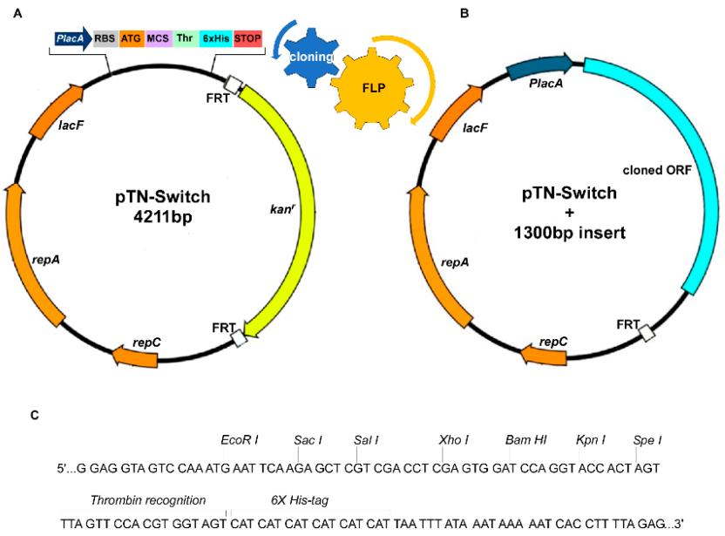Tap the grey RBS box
[105, 39]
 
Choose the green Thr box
[186, 39]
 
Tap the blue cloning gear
[308, 55]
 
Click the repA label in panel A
[46, 260]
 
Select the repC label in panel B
[553, 342]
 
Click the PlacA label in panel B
[544, 82]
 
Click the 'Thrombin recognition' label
[148, 500]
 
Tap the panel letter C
[35, 414]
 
